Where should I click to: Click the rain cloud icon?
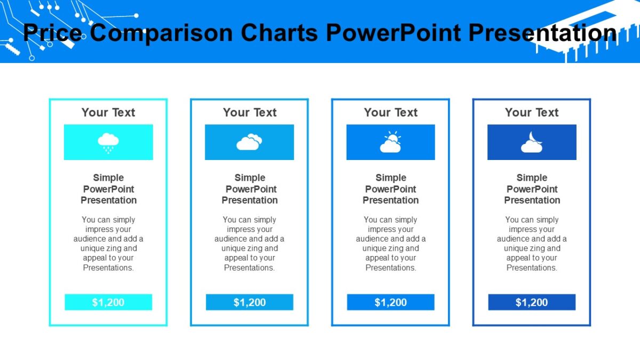[x=108, y=142]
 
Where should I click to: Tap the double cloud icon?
[x=249, y=142]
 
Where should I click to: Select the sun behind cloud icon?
[x=390, y=142]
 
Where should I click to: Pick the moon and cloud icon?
[x=532, y=142]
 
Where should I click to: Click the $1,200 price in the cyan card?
[x=108, y=302]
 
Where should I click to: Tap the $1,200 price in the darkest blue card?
[x=532, y=302]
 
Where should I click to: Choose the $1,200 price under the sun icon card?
[x=390, y=302]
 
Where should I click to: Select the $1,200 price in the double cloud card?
[x=250, y=302]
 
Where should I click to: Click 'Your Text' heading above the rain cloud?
[x=108, y=113]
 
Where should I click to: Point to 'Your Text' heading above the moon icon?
[x=532, y=113]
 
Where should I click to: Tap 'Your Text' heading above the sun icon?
[x=391, y=113]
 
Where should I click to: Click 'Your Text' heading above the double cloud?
[x=250, y=113]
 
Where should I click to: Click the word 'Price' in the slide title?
[x=52, y=33]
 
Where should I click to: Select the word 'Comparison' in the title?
[x=162, y=33]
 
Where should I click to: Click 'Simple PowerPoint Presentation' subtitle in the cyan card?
[x=109, y=189]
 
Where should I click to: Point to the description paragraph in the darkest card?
[x=532, y=243]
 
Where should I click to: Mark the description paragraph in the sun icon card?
[x=391, y=243]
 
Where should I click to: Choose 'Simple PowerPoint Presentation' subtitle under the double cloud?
[x=250, y=189]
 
